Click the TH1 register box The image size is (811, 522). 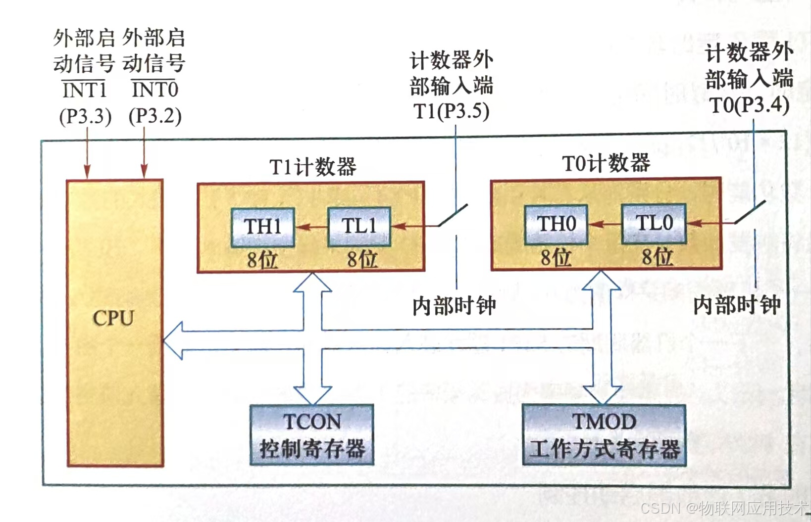pyautogui.click(x=262, y=227)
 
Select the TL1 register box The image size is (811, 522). pyautogui.click(x=359, y=227)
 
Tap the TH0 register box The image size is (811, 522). pyautogui.click(x=556, y=224)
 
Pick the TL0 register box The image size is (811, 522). pyautogui.click(x=654, y=223)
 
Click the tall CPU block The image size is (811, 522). pyautogui.click(x=115, y=322)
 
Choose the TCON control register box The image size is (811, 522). pyautogui.click(x=311, y=434)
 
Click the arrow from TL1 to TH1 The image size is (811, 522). pyautogui.click(x=311, y=227)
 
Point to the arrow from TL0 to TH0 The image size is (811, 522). pyautogui.click(x=605, y=224)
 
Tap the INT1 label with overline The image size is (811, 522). pyautogui.click(x=85, y=90)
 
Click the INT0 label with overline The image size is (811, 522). pyautogui.click(x=155, y=90)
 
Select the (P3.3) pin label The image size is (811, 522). pyautogui.click(x=85, y=116)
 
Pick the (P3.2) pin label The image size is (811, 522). pyautogui.click(x=155, y=116)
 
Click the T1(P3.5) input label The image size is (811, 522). pyautogui.click(x=451, y=111)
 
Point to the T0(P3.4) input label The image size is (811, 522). pyautogui.click(x=750, y=105)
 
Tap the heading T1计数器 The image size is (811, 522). pyautogui.click(x=312, y=167)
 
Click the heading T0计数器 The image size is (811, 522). pyautogui.click(x=606, y=163)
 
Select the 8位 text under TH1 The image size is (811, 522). pyautogui.click(x=262, y=259)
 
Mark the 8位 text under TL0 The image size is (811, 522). pyautogui.click(x=657, y=257)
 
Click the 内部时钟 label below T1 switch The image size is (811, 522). pyautogui.click(x=454, y=306)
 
